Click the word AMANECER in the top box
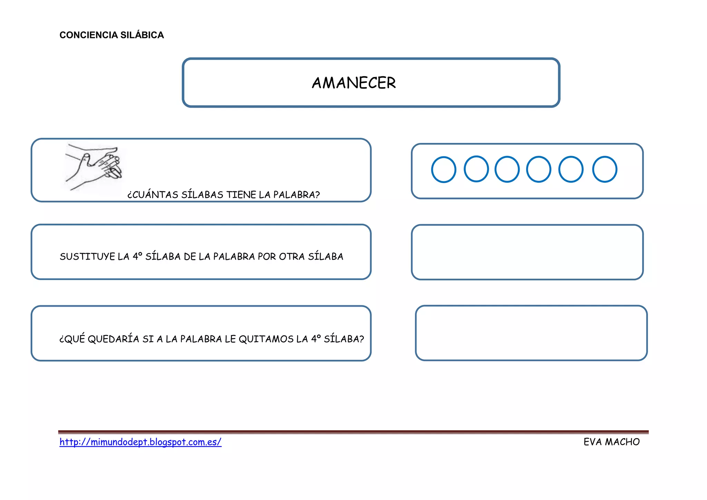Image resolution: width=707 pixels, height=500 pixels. click(x=354, y=83)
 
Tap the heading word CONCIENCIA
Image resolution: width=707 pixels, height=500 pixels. click(x=88, y=35)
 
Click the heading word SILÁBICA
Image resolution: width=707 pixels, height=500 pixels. click(x=142, y=35)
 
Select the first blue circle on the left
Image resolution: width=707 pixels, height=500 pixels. click(x=444, y=170)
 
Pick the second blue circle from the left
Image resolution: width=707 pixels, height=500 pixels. click(x=476, y=169)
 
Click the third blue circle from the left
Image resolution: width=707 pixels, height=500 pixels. click(x=507, y=169)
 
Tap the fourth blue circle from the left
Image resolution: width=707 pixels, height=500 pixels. click(x=539, y=169)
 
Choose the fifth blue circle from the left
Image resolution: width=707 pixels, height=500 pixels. click(x=571, y=169)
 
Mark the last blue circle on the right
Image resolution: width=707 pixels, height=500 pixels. click(x=605, y=169)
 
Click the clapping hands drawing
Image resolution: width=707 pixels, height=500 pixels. click(x=94, y=167)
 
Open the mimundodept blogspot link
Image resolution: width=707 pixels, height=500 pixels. click(x=141, y=442)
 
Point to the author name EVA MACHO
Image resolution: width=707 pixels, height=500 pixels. click(x=612, y=442)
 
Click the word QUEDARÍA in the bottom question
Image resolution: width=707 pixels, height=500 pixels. click(x=114, y=339)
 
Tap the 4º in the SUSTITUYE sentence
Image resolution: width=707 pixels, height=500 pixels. click(x=137, y=256)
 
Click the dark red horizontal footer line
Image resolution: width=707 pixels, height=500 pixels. click(x=353, y=432)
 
